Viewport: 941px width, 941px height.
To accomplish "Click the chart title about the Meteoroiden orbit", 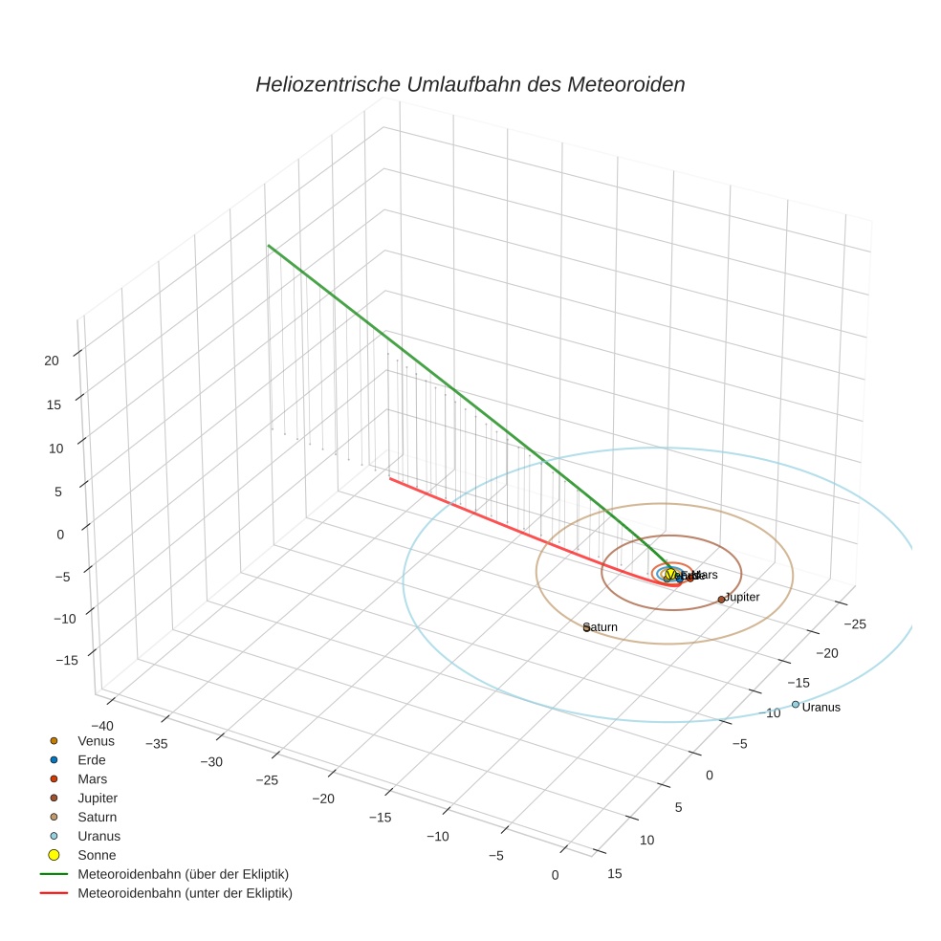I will click(x=470, y=84).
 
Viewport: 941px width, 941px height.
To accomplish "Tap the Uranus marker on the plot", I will click(x=795, y=704).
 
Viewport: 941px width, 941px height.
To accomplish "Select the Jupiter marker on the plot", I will click(x=721, y=600).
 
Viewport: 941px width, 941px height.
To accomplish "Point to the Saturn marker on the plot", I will click(x=586, y=627).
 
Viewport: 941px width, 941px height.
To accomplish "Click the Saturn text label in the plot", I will click(x=602, y=627).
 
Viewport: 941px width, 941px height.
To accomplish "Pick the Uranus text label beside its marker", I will click(x=821, y=708).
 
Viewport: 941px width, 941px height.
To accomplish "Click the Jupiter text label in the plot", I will click(x=743, y=597).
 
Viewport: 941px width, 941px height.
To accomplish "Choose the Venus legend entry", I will click(x=96, y=740).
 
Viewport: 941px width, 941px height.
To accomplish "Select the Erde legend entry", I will click(x=92, y=759).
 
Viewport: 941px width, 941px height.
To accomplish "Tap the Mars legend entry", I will click(x=92, y=778).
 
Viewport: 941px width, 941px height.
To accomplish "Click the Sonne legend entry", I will click(x=97, y=855).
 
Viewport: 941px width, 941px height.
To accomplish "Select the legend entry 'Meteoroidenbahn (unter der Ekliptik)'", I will click(x=185, y=893).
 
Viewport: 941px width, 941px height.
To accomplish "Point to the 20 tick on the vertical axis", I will click(x=52, y=361).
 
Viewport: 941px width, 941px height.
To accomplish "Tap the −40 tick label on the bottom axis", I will click(x=102, y=725).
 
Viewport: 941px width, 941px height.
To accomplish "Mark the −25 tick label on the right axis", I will click(x=855, y=624).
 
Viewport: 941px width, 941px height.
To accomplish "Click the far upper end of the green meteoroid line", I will click(x=269, y=247).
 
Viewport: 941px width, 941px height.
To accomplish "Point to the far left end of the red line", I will click(x=389, y=477).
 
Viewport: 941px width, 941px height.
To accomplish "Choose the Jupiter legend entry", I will click(x=98, y=798).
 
